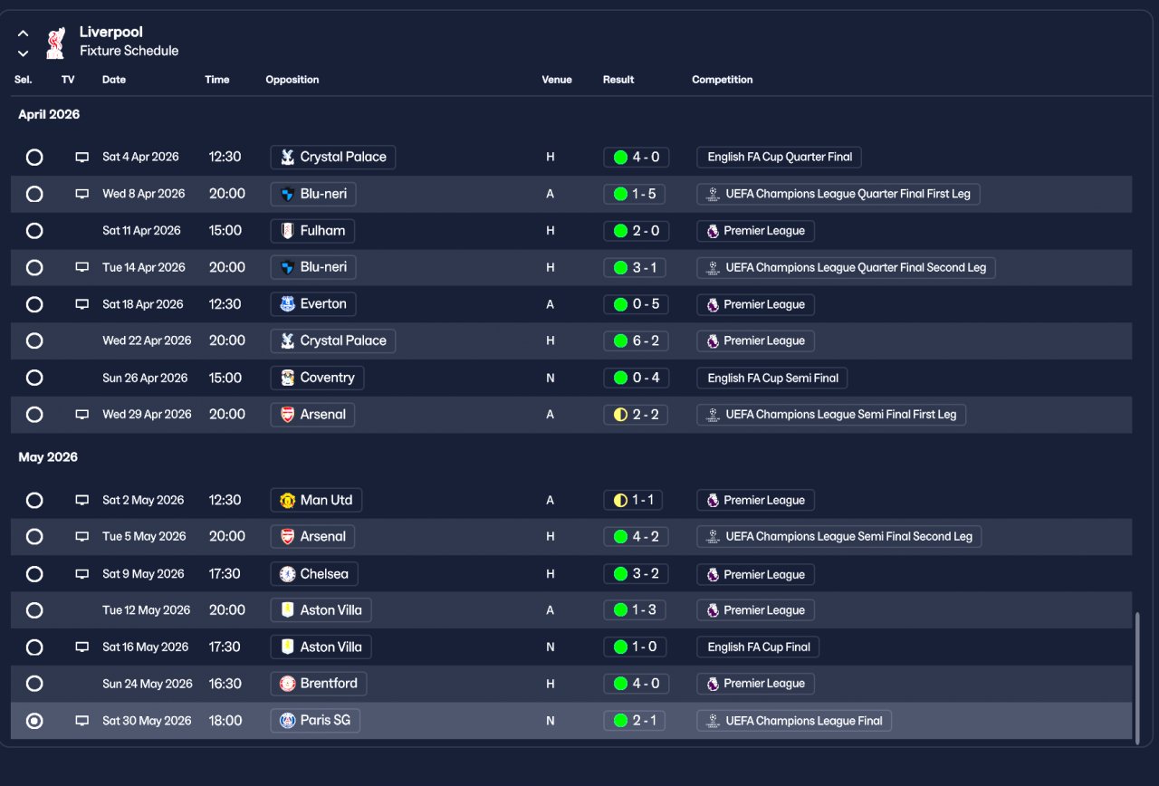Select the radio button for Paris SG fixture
coord(34,721)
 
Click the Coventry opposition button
coord(317,378)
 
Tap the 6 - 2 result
coord(636,341)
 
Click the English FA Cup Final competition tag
coord(758,647)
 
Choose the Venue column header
coord(557,80)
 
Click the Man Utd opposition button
coord(316,500)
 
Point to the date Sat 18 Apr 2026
coord(143,304)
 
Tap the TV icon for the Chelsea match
coord(82,574)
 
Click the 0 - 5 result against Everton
coord(636,304)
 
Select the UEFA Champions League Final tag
coord(794,721)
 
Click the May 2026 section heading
coord(48,457)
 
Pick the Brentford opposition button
coord(318,684)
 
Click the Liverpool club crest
coord(56,42)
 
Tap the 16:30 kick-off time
coord(225,684)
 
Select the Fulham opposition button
coord(312,231)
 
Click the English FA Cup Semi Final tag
coord(771,378)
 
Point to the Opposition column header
coord(292,80)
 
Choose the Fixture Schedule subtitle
coord(129,51)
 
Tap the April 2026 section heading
coord(49,114)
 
